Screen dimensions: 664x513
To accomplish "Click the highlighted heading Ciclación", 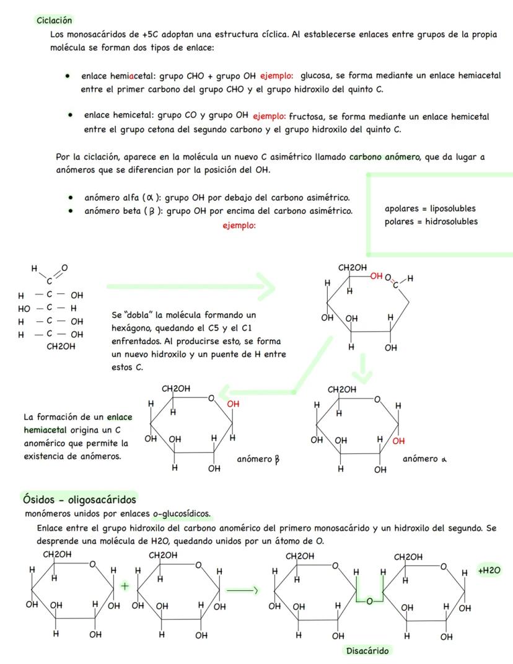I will (55, 20).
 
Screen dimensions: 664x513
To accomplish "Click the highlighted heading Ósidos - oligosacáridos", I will (79, 499).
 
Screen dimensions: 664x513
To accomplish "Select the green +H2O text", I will (489, 569).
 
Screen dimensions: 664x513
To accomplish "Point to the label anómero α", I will (424, 459).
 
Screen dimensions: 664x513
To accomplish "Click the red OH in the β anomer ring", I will (233, 404).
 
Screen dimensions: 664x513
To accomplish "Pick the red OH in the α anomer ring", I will (398, 441).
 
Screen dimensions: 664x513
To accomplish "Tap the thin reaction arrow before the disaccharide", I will (241, 590).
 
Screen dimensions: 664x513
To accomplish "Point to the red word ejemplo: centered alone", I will (239, 226).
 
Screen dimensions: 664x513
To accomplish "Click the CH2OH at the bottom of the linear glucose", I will (61, 347).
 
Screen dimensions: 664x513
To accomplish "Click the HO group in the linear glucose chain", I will (24, 308).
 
